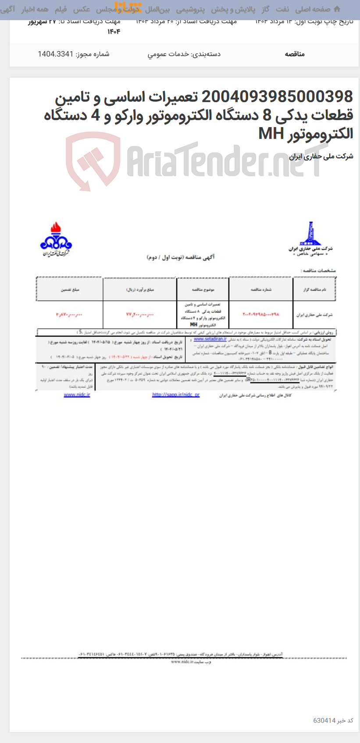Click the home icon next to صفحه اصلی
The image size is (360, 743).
[337, 9]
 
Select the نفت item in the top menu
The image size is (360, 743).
[283, 9]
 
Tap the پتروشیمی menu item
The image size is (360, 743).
[190, 9]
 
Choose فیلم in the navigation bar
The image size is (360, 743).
[61, 9]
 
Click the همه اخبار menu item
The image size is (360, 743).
[35, 9]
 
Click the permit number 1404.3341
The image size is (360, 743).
[55, 54]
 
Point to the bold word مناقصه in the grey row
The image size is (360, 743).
[295, 54]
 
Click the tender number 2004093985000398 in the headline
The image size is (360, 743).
[277, 96]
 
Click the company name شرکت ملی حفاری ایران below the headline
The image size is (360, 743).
[321, 156]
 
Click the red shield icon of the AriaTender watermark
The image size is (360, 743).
[93, 160]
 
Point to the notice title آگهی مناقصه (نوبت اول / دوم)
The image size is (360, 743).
[181, 257]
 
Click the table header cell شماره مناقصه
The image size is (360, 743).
[261, 290]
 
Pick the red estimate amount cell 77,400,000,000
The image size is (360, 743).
[140, 315]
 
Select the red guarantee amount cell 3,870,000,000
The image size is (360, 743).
[69, 315]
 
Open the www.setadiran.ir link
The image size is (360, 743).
[210, 339]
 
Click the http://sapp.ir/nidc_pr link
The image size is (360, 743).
[176, 395]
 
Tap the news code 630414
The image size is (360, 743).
[324, 721]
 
